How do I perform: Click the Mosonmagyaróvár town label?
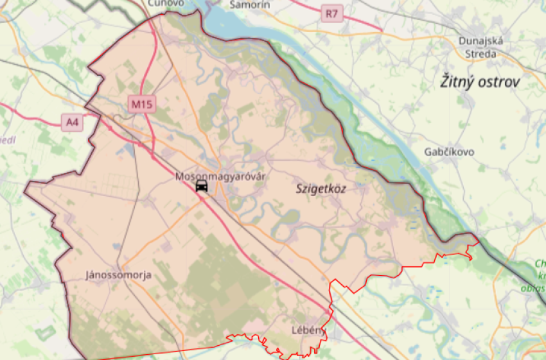pyautogui.click(x=220, y=175)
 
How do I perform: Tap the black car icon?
pyautogui.click(x=202, y=186)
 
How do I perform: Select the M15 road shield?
pyautogui.click(x=142, y=104)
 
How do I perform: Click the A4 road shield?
pyautogui.click(x=73, y=122)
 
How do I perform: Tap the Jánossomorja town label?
pyautogui.click(x=118, y=275)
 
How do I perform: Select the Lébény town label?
pyautogui.click(x=306, y=330)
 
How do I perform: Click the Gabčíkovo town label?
pyautogui.click(x=450, y=152)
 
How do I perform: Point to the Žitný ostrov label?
pyautogui.click(x=480, y=82)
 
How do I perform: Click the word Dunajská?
pyautogui.click(x=481, y=41)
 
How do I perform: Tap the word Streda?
pyautogui.click(x=481, y=53)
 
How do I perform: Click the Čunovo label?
pyautogui.click(x=166, y=3)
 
